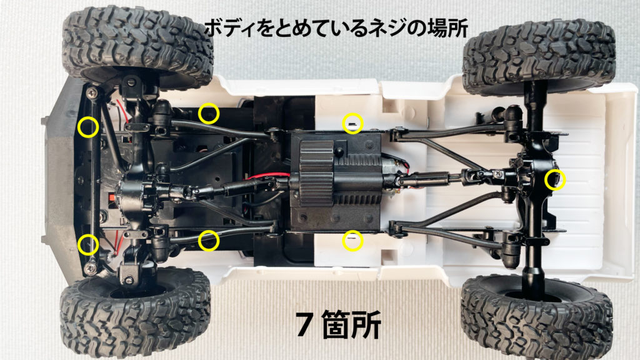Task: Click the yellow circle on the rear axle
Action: pos(554,181)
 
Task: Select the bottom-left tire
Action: pos(134,312)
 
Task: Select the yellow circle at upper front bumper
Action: pos(88,127)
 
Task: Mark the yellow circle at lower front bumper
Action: pos(88,243)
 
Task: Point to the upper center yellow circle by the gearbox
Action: pos(353,123)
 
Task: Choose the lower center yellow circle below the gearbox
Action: pos(353,241)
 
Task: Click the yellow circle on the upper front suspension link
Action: pos(209,114)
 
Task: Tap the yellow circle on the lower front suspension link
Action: pos(209,240)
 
